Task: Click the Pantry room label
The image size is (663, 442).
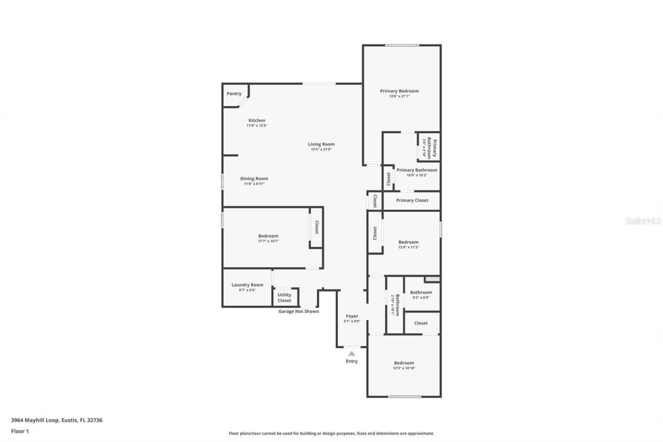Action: [234, 94]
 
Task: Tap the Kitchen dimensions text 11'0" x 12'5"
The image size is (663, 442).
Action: [256, 125]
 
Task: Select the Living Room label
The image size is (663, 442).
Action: [321, 144]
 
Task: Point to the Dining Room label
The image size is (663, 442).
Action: [254, 179]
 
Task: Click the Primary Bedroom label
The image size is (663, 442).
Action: [399, 91]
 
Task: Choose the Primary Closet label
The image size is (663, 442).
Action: [412, 201]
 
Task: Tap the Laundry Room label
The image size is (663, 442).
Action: [247, 285]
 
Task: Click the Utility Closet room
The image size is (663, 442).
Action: [284, 297]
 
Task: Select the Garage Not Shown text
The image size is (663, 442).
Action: [298, 311]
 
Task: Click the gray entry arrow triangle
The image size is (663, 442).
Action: [352, 353]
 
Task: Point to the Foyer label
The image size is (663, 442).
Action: [352, 316]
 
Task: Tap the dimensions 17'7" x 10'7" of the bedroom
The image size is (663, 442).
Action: [268, 241]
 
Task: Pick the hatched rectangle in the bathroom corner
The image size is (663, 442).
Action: [431, 279]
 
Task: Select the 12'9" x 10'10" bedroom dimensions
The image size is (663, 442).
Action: [404, 368]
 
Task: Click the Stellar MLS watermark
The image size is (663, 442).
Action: [643, 221]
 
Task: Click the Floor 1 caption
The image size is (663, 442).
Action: [20, 431]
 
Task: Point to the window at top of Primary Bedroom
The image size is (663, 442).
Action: [402, 46]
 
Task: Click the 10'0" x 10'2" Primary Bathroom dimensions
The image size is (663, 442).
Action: [416, 175]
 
